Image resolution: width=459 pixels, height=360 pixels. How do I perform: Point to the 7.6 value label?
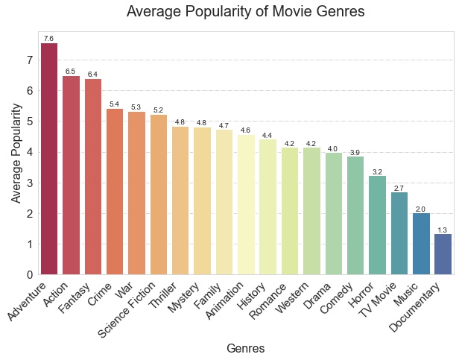(x=49, y=39)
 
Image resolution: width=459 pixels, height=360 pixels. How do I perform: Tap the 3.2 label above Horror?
(x=377, y=172)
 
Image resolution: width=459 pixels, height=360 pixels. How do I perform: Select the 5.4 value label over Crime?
(x=115, y=104)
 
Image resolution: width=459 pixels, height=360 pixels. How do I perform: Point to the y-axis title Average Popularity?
(x=16, y=153)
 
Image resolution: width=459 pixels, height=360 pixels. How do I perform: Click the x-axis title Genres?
(x=245, y=348)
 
